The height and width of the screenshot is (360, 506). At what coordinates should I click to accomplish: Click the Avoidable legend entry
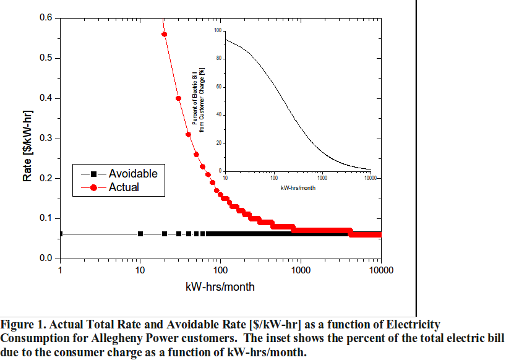tap(132, 173)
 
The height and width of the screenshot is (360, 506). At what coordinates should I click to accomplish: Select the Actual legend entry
tap(124, 187)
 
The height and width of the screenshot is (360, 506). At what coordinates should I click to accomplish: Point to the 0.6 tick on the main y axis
tap(46, 18)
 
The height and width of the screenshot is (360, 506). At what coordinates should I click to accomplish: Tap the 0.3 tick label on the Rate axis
tap(46, 139)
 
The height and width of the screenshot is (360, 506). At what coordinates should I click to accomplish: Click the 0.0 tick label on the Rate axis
tap(46, 259)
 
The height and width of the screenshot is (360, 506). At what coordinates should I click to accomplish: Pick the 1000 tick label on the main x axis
tap(301, 270)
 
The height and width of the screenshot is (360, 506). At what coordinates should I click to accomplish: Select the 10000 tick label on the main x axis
tap(380, 270)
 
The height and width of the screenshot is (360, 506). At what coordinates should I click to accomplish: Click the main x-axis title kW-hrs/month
tap(220, 287)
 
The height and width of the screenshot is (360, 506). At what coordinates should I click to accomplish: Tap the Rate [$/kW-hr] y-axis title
tap(27, 139)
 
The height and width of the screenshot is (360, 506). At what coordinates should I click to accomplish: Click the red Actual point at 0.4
tap(178, 98)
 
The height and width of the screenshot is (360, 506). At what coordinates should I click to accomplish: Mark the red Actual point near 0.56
tap(164, 34)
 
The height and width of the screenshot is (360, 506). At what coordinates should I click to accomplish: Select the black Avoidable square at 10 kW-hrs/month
tap(140, 234)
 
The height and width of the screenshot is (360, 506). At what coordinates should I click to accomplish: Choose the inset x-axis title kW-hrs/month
tap(298, 187)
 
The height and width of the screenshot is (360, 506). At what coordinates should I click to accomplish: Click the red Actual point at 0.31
tap(188, 134)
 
